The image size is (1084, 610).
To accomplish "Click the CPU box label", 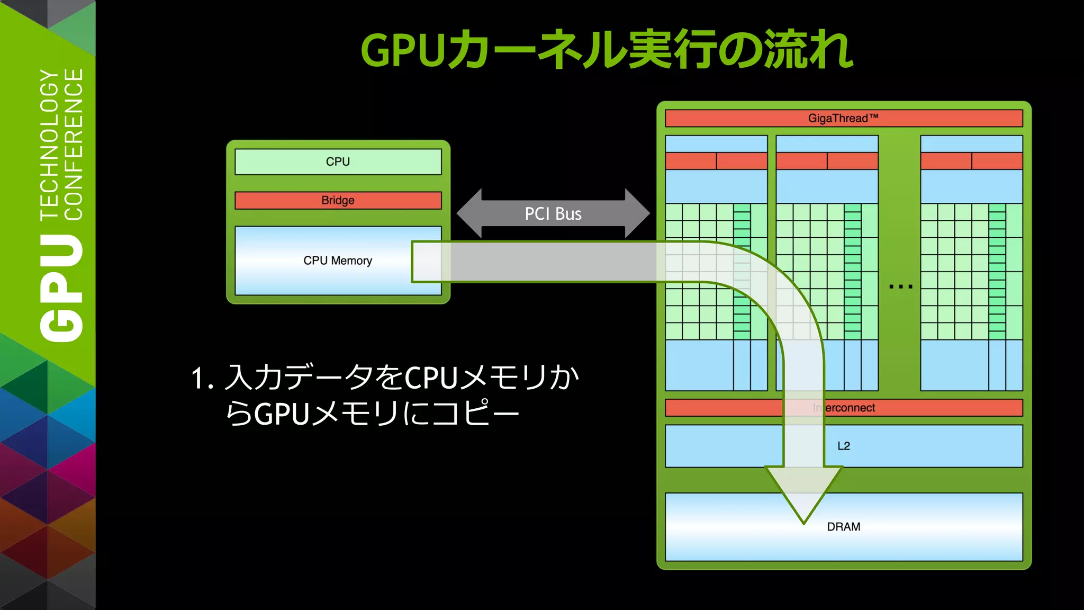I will (x=338, y=162).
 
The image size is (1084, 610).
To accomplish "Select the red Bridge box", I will (x=338, y=200).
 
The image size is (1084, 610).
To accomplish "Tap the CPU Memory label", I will (x=338, y=261).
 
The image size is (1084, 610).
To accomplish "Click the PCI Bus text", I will (x=553, y=214).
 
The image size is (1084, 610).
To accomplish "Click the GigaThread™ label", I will (x=843, y=118).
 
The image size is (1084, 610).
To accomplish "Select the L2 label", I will (x=844, y=446).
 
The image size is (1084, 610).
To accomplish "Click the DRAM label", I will (x=844, y=527).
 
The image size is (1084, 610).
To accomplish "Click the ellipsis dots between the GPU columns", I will (x=900, y=286).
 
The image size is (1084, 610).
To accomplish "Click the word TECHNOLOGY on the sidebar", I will (x=50, y=144).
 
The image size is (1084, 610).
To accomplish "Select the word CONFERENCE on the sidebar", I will (x=74, y=144).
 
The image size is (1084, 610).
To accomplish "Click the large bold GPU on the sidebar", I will (x=62, y=289).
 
